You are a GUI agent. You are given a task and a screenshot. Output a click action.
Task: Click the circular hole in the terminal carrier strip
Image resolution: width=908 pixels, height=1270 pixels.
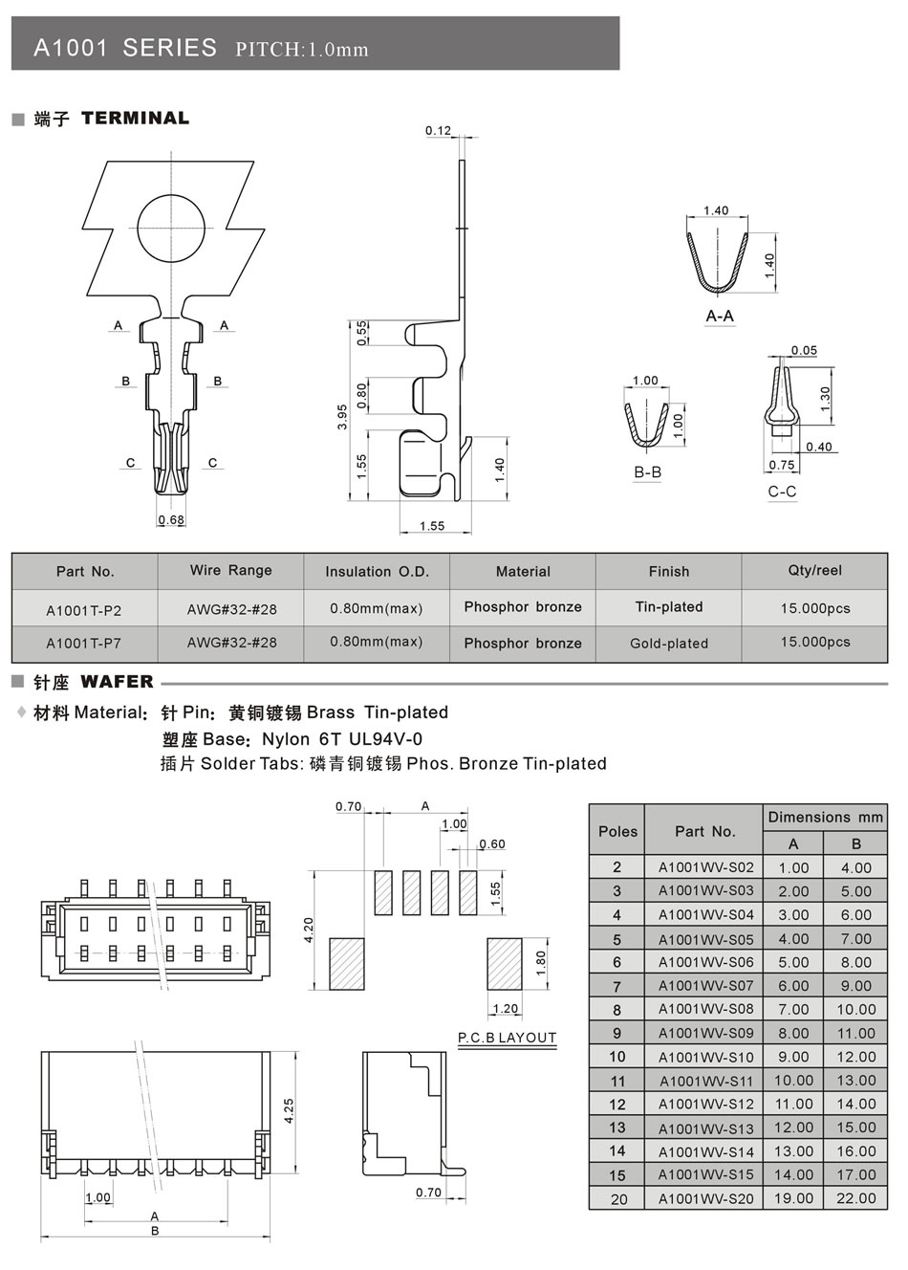coord(171,228)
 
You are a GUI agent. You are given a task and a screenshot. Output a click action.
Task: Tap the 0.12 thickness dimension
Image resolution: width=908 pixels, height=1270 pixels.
coord(438,131)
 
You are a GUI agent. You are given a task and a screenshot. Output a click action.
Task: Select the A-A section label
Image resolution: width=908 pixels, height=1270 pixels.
coord(720,316)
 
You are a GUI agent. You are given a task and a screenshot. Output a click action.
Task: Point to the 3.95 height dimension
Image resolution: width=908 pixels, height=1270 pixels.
coord(342,418)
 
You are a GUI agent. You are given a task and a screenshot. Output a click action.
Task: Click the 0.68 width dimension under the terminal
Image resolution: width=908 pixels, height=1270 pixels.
coord(171,520)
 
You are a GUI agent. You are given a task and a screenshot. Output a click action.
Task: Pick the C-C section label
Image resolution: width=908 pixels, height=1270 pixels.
coord(782,492)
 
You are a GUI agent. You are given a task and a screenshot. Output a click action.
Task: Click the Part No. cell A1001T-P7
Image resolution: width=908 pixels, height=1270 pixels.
coord(84,643)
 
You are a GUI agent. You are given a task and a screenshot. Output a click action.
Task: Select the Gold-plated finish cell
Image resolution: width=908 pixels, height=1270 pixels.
coord(669,644)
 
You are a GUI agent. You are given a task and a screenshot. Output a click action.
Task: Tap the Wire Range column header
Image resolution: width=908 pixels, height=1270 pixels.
coord(230,571)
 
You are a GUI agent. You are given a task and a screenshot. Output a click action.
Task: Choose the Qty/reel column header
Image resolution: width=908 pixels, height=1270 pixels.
coord(814,571)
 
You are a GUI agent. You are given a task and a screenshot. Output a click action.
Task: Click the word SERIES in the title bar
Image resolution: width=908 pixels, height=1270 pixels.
coord(169,48)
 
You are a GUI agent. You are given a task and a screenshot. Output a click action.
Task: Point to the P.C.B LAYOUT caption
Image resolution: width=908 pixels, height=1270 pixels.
coord(507,1038)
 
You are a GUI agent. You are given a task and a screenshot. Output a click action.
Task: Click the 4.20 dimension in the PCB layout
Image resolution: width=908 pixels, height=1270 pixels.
coord(309,930)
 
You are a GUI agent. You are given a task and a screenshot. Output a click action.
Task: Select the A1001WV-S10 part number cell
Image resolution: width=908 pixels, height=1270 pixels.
coord(705,1057)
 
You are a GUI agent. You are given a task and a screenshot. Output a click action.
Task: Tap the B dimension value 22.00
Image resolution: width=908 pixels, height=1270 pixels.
coord(855,1198)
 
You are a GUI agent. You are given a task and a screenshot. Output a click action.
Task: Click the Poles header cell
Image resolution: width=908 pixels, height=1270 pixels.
coord(617,831)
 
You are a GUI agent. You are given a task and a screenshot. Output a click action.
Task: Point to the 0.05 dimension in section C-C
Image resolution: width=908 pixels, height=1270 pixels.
coord(805,351)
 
